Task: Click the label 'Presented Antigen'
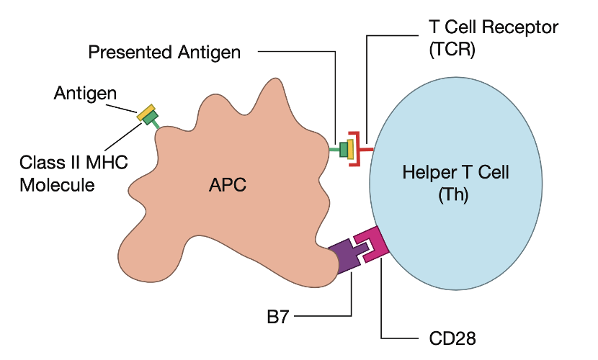pyautogui.click(x=164, y=52)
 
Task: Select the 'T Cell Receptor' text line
pyautogui.click(x=492, y=27)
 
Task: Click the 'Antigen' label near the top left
pyautogui.click(x=85, y=94)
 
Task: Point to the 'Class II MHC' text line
pyautogui.click(x=73, y=162)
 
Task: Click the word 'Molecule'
pyautogui.click(x=57, y=184)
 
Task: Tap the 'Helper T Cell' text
pyautogui.click(x=455, y=173)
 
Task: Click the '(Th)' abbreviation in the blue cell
pyautogui.click(x=453, y=195)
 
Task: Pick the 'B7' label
pyautogui.click(x=277, y=316)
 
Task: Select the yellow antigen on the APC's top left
pyautogui.click(x=147, y=111)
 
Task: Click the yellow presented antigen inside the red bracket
pyautogui.click(x=351, y=149)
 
